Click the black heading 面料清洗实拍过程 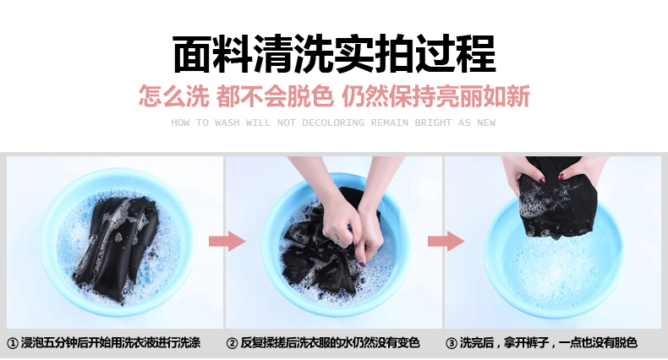[x=334, y=54]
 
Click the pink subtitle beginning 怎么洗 [x=334, y=95]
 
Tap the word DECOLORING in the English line [x=333, y=123]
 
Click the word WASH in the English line [x=227, y=123]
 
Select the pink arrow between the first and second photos [x=227, y=242]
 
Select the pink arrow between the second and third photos [x=446, y=242]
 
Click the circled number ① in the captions [x=13, y=343]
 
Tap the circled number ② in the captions [x=233, y=343]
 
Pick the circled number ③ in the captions [x=452, y=343]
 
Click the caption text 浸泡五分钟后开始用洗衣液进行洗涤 [x=111, y=342]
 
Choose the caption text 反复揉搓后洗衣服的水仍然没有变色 [x=330, y=342]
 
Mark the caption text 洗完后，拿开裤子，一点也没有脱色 [x=548, y=342]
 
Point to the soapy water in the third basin [x=554, y=268]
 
